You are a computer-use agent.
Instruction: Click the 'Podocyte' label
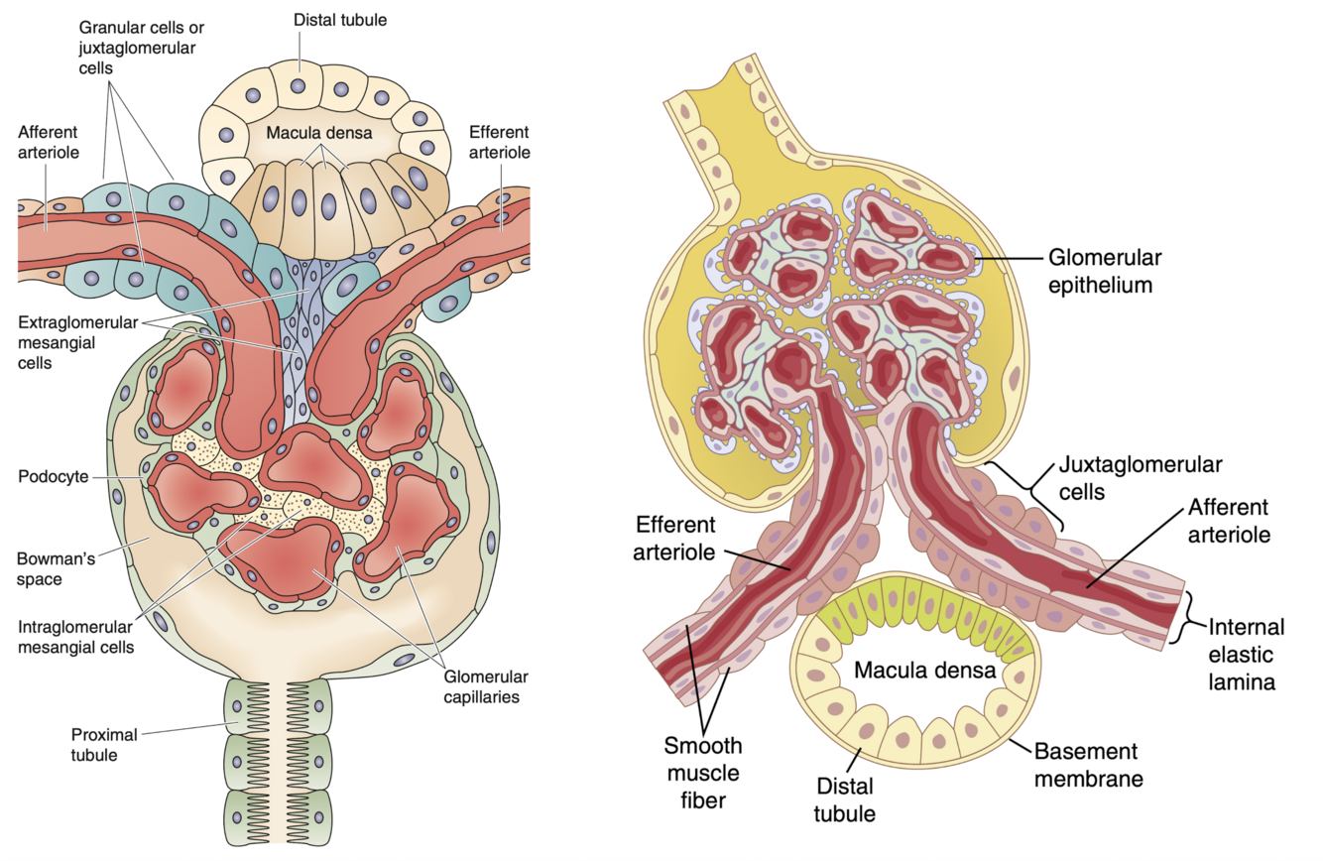click(x=52, y=476)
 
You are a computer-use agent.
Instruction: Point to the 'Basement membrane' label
click(x=1088, y=765)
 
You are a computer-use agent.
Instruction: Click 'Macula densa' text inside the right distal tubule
click(x=924, y=671)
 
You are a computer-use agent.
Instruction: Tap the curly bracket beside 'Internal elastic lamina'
click(x=1192, y=617)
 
